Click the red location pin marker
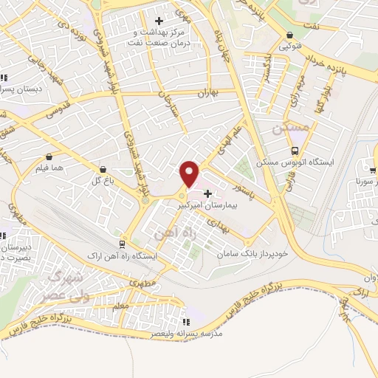190,174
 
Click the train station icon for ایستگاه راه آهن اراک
123,244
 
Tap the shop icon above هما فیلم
49,157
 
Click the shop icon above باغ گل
103,168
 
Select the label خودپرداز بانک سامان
251,253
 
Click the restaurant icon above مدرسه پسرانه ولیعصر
186,322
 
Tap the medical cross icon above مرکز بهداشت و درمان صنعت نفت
159,21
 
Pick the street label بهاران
210,94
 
